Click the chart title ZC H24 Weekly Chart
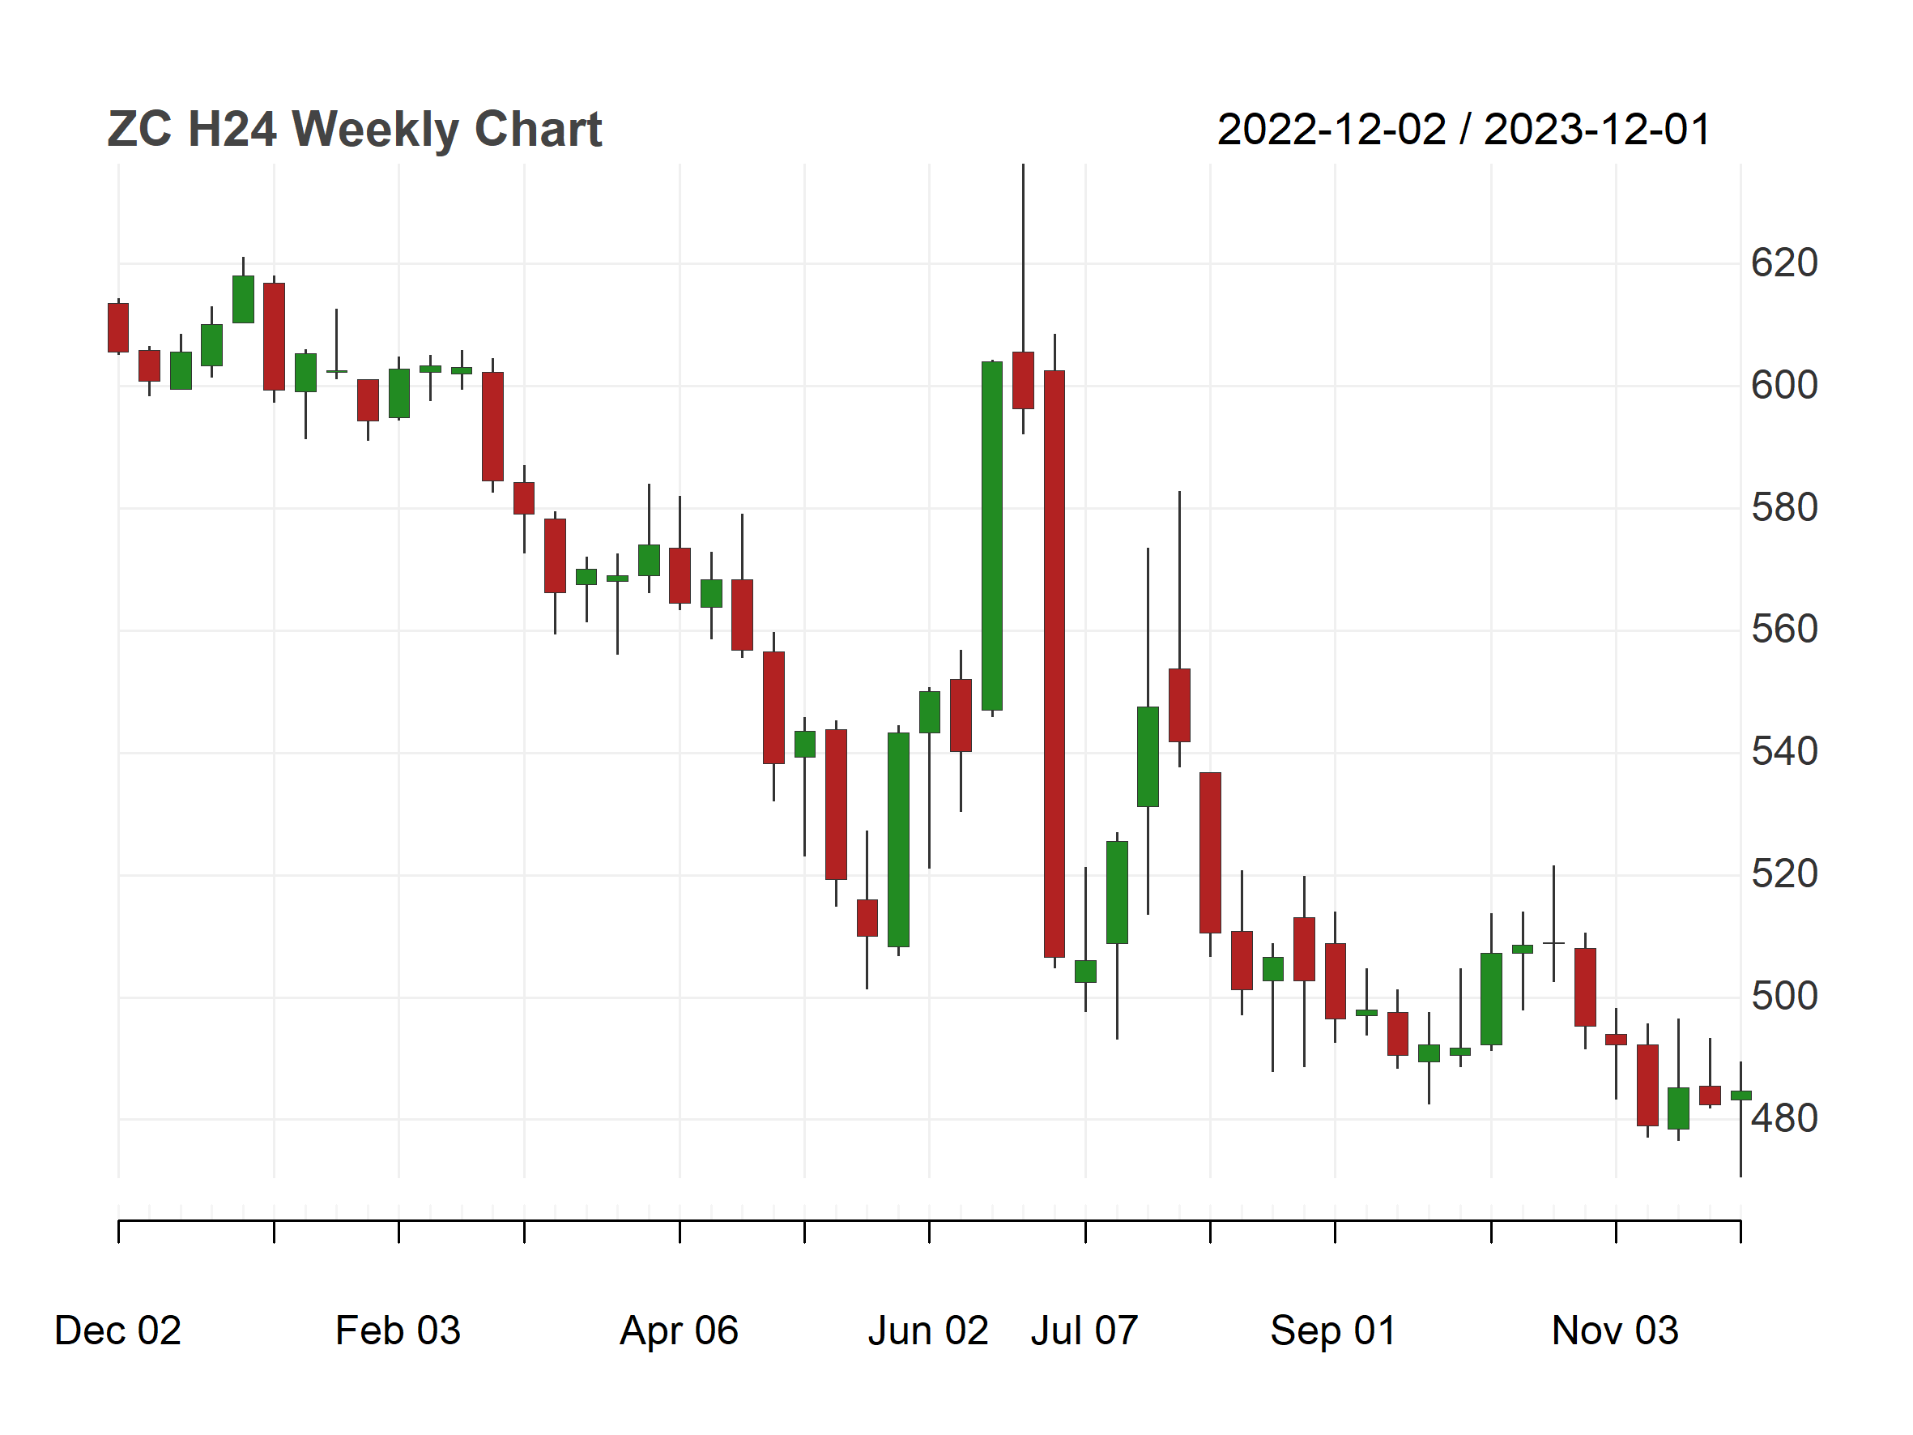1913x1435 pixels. (x=355, y=130)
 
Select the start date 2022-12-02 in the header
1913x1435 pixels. (x=1331, y=130)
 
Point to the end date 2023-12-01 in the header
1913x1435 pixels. (x=1597, y=130)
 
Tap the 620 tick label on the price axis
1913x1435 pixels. (x=1784, y=263)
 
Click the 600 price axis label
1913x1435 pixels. (x=1784, y=385)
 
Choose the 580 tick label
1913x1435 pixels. (x=1784, y=508)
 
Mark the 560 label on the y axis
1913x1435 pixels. (x=1784, y=630)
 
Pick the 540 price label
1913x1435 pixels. (x=1784, y=752)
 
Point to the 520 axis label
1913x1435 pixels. (x=1784, y=874)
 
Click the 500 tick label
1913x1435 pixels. (x=1784, y=997)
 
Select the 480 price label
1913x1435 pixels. (x=1784, y=1119)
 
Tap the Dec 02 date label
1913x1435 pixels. (x=117, y=1331)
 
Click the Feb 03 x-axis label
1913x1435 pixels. (x=398, y=1331)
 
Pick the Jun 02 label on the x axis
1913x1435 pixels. (x=928, y=1331)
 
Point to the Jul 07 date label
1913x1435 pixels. (x=1084, y=1331)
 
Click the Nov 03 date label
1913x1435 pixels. (x=1615, y=1331)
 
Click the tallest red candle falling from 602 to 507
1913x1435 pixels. (x=1054, y=664)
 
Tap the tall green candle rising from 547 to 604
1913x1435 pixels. (x=992, y=536)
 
